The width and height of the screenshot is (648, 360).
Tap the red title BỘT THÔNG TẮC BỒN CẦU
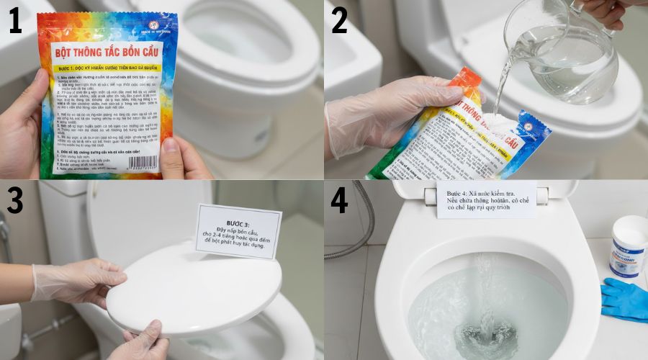107,53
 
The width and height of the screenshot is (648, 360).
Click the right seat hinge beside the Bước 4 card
541,194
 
